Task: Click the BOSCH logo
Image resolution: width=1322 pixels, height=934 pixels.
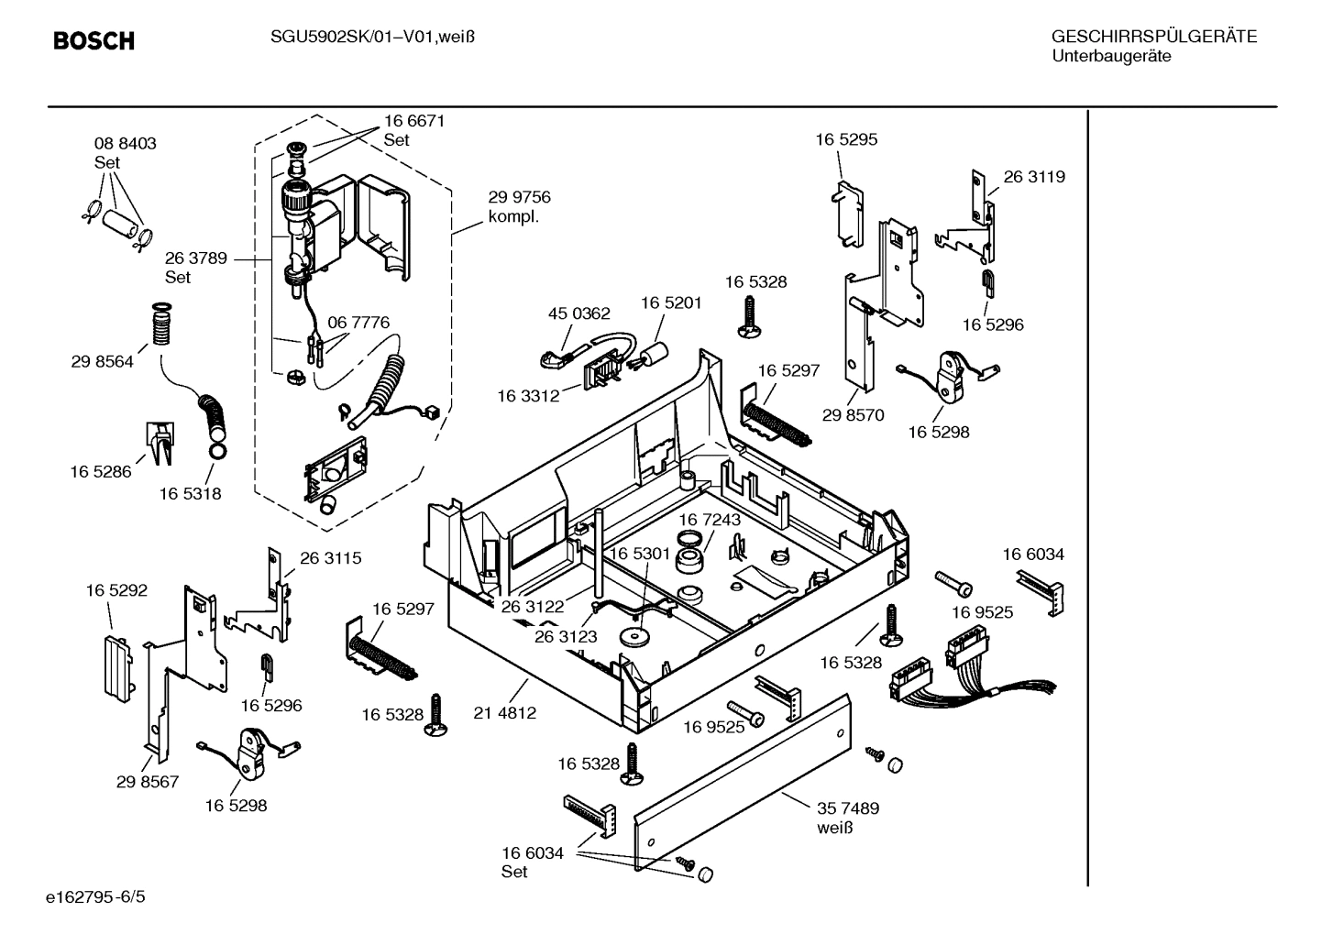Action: (94, 41)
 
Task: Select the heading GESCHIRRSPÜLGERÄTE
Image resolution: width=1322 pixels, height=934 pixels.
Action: (1153, 37)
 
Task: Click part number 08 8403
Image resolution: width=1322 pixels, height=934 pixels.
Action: (125, 144)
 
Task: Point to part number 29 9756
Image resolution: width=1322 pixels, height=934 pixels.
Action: (519, 197)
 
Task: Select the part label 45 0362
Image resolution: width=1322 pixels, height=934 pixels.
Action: (578, 313)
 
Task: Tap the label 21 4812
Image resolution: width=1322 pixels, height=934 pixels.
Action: (505, 712)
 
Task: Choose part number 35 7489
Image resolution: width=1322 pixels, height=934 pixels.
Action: (848, 808)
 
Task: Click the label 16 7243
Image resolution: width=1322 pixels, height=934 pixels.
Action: (710, 520)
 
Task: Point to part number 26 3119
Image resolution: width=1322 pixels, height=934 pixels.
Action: (1034, 177)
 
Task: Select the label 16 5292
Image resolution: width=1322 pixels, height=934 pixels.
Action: (116, 590)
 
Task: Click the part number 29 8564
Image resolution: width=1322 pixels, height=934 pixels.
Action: (102, 361)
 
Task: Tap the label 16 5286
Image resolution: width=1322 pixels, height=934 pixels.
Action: (101, 471)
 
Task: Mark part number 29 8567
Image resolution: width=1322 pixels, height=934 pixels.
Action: (148, 781)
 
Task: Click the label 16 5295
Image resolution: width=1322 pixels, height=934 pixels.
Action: (846, 139)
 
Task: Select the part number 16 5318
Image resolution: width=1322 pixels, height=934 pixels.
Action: (190, 493)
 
